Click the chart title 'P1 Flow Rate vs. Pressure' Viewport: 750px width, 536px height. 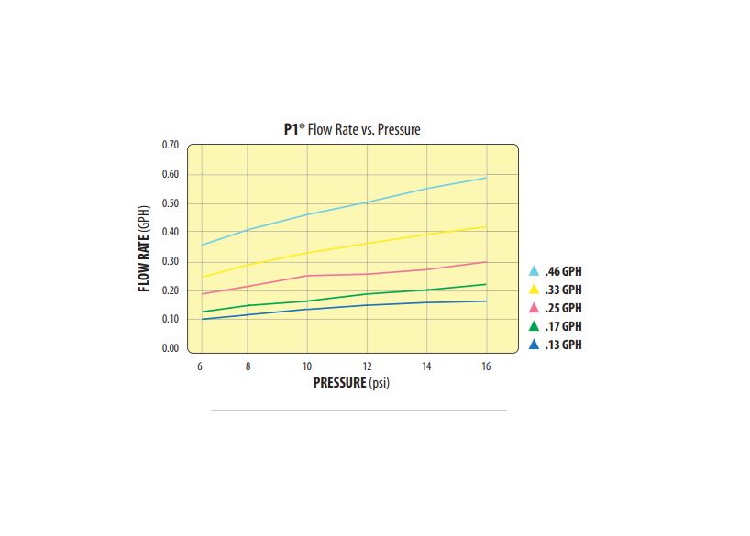[351, 130]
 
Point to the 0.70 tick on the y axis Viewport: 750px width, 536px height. [170, 146]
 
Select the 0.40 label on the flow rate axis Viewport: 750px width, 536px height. [170, 233]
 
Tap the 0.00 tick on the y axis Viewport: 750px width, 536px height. [170, 349]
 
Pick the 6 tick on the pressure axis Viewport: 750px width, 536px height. [201, 366]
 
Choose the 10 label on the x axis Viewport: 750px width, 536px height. [306, 366]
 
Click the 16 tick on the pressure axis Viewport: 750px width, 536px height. [486, 366]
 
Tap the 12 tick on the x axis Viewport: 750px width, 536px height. [367, 366]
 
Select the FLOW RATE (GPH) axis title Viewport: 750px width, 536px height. [145, 247]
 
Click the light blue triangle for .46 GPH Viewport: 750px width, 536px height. [535, 271]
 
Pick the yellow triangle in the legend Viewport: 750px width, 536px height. [535, 290]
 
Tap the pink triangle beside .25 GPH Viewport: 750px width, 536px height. [535, 308]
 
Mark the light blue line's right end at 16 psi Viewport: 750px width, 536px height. [486, 178]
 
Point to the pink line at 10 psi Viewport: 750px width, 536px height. [306, 276]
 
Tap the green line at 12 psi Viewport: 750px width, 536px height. [367, 294]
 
